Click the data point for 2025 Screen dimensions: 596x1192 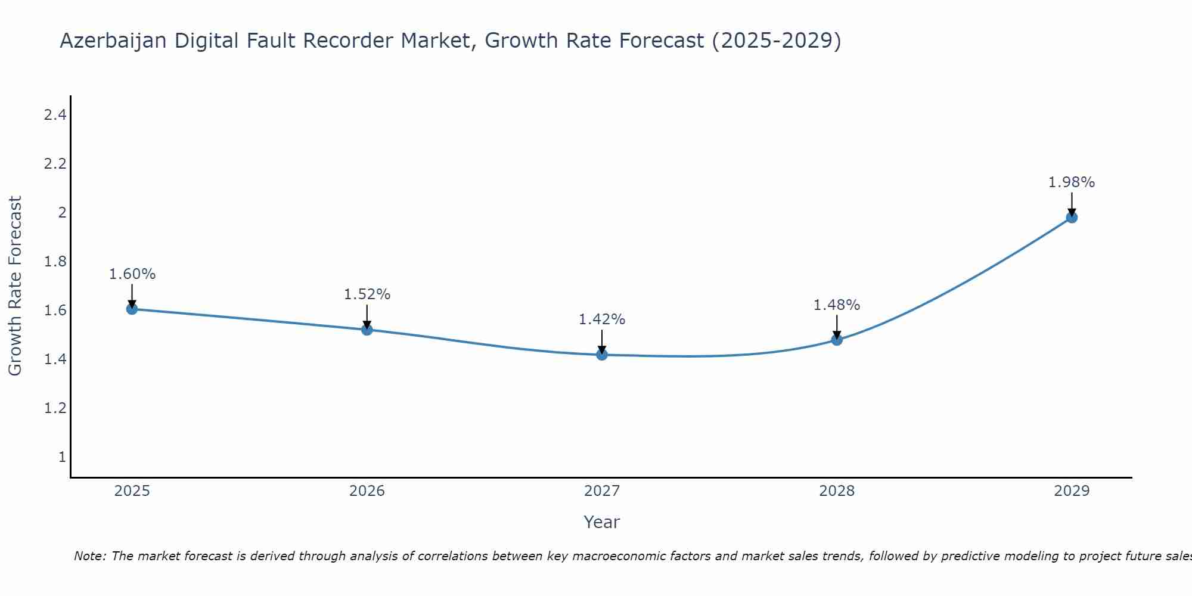[132, 309]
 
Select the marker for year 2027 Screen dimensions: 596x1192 [602, 355]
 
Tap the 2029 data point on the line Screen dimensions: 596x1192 [1072, 218]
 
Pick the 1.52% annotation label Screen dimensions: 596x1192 [367, 294]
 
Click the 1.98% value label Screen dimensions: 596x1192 [1072, 182]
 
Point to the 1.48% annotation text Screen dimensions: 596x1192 [837, 305]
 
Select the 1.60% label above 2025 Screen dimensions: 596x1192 [132, 274]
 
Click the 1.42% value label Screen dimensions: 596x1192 [602, 319]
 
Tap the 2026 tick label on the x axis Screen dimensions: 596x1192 [367, 491]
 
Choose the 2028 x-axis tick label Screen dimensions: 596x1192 [837, 491]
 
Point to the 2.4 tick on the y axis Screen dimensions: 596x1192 [55, 115]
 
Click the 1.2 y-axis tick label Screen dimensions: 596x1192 [55, 408]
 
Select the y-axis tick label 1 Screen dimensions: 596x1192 [62, 457]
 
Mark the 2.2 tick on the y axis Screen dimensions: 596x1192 [55, 164]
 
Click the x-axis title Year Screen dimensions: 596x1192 [602, 522]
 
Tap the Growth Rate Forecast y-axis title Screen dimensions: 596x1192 [15, 286]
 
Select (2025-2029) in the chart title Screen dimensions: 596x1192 [777, 41]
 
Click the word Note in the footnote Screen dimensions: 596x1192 [89, 556]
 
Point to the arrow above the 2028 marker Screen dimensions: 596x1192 [837, 327]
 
